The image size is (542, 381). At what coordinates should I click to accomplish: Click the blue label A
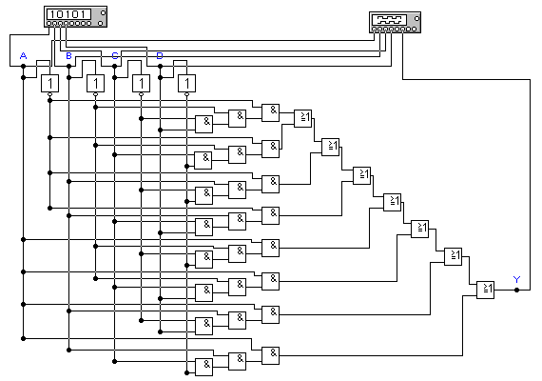[23, 56]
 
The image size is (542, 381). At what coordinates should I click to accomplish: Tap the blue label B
[68, 56]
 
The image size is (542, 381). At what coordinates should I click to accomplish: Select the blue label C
[115, 56]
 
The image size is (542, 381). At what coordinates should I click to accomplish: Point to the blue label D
[160, 56]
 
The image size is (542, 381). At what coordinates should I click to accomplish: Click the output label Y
[516, 279]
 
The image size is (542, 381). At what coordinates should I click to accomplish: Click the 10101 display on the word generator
[69, 14]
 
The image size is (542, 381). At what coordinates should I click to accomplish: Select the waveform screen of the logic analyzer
[389, 19]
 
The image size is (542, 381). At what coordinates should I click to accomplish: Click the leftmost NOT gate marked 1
[49, 84]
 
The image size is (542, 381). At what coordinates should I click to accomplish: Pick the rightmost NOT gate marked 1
[186, 84]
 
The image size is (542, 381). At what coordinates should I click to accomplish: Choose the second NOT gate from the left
[95, 84]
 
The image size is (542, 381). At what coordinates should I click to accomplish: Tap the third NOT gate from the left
[141, 84]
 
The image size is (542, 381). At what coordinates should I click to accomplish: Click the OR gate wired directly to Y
[485, 290]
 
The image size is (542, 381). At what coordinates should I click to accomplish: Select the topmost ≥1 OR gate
[302, 118]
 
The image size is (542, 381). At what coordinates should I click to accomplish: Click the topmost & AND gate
[270, 112]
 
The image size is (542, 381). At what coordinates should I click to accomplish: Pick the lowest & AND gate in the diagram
[203, 367]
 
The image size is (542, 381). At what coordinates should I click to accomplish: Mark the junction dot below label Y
[516, 290]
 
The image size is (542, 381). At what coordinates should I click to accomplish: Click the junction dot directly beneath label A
[23, 66]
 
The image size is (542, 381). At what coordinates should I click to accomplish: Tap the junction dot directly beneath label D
[160, 66]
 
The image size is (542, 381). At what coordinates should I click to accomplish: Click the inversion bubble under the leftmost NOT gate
[49, 94]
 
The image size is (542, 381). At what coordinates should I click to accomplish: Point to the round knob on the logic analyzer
[416, 18]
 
